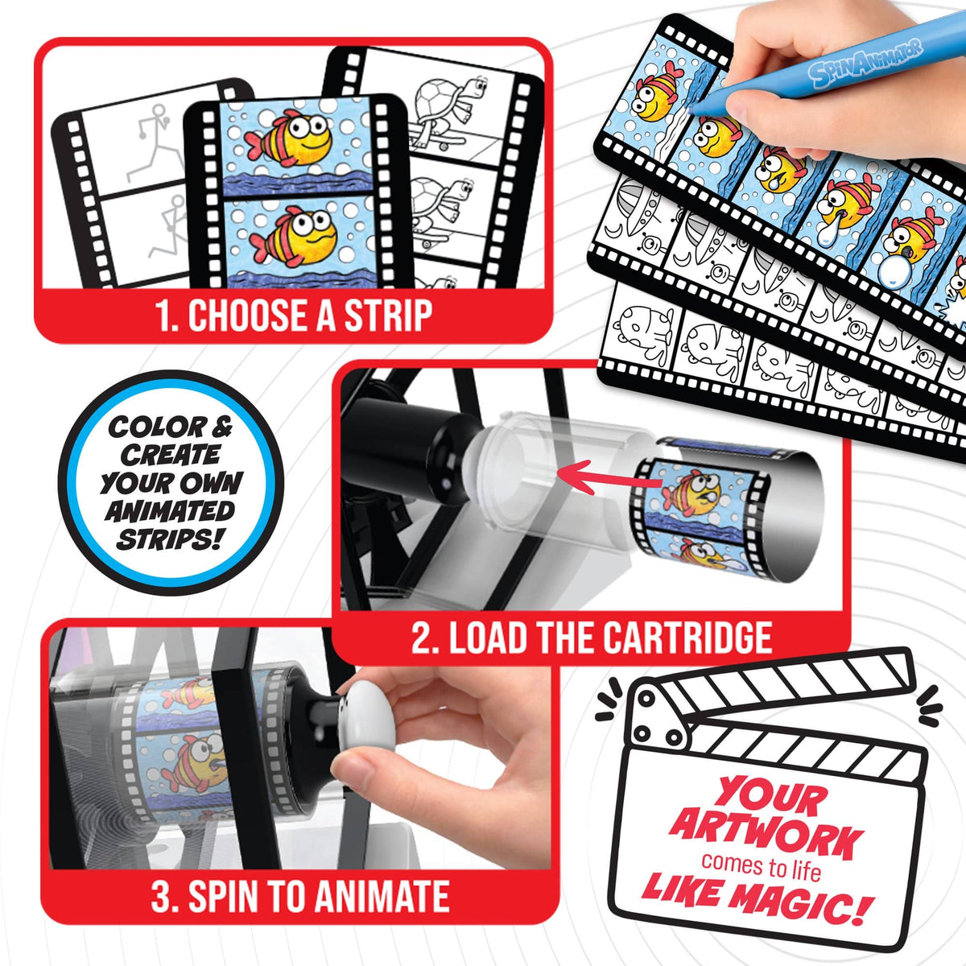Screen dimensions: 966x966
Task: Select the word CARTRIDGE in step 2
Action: pyautogui.click(x=687, y=637)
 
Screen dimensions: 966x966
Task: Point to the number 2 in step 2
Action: pyautogui.click(x=422, y=637)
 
